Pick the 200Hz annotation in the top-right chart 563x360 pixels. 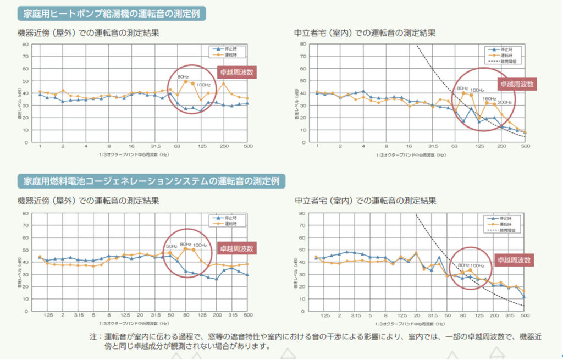[505, 102]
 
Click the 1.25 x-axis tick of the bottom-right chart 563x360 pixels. [325, 316]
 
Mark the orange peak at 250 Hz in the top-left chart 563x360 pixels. [224, 84]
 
